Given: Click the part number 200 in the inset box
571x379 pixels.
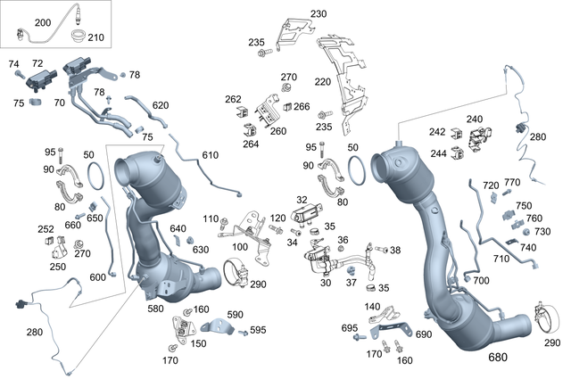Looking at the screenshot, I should coord(18,21).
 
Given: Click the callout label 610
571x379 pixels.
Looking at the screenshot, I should coord(210,155).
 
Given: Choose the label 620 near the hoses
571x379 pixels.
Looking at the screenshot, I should coord(161,105).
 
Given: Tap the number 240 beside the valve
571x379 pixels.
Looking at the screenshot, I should coord(474,119).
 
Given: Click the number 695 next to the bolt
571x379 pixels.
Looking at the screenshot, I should coord(350,328).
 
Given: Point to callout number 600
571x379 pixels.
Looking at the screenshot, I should coord(98,276).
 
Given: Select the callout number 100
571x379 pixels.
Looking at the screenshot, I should coord(240,246).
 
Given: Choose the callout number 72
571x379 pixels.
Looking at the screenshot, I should coord(37,64).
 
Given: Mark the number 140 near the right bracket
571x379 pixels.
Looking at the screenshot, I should coord(372,306).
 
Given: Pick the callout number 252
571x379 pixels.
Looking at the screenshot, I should coord(46,228).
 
